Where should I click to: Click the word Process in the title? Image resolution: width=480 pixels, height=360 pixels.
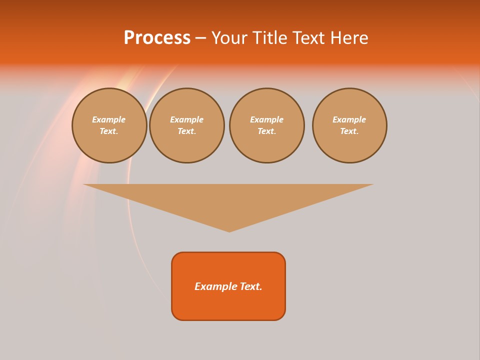click(x=157, y=38)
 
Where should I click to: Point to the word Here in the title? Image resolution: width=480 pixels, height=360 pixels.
click(x=350, y=38)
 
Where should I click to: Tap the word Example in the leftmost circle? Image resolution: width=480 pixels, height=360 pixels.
click(x=109, y=119)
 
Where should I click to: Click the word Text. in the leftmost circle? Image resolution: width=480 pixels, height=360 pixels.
click(x=109, y=131)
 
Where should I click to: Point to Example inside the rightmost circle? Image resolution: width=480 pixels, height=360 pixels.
click(x=349, y=119)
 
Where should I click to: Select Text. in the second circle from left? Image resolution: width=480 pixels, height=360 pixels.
click(x=186, y=131)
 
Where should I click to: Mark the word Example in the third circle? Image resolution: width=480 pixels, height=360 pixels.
click(x=266, y=119)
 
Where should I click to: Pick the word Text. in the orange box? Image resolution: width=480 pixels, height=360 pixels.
click(x=251, y=286)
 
